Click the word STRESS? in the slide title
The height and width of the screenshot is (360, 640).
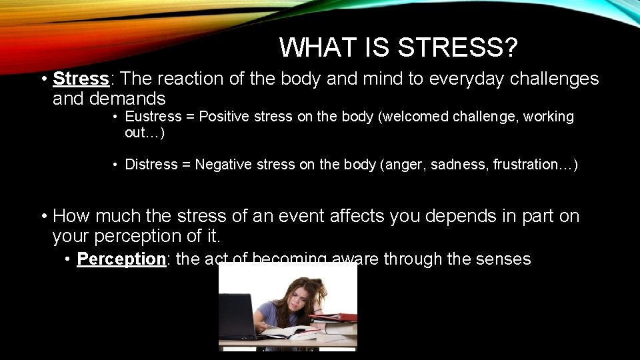[x=458, y=47]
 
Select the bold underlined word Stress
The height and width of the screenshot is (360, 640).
[x=81, y=79]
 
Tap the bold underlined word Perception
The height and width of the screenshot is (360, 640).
[x=121, y=259]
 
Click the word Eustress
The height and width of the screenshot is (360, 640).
[x=153, y=117]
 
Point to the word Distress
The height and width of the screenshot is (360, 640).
[x=151, y=164]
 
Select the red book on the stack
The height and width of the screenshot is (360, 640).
[x=337, y=317]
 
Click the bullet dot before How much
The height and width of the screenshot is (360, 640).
[x=43, y=216]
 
